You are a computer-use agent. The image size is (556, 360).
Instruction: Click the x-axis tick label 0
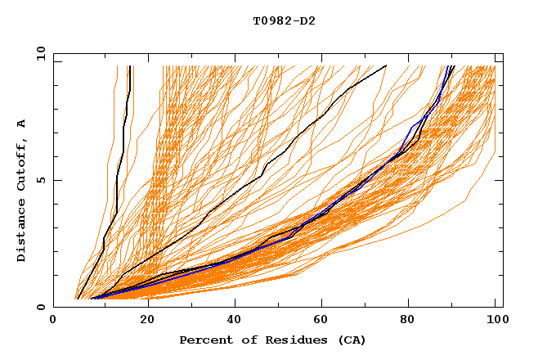pos(53,322)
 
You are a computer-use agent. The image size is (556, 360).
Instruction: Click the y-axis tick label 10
pos(40,53)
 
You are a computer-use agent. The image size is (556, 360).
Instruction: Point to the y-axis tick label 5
pos(43,180)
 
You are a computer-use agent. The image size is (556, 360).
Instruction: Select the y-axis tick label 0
pos(43,307)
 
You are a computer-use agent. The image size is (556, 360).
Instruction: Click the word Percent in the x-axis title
pos(204,340)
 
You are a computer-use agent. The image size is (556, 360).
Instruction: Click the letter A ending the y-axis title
pos(22,124)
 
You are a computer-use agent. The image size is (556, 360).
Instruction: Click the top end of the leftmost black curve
pos(129,66)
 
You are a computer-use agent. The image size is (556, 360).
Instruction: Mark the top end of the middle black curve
pos(387,66)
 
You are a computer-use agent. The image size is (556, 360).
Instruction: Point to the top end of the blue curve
pos(448,66)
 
